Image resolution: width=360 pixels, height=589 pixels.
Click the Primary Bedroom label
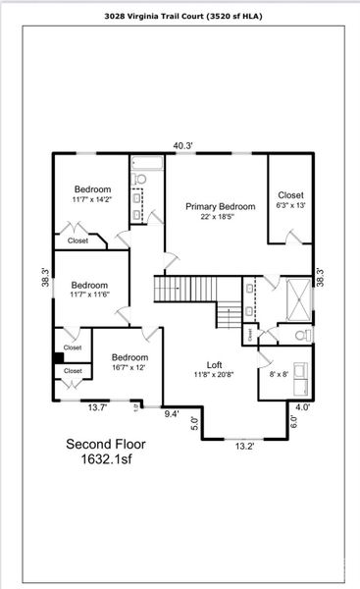coord(221,206)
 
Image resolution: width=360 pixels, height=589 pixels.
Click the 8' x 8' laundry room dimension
coord(278,373)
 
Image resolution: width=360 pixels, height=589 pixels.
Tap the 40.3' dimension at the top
coord(182,145)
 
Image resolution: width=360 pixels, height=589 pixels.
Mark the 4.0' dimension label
coord(303,406)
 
